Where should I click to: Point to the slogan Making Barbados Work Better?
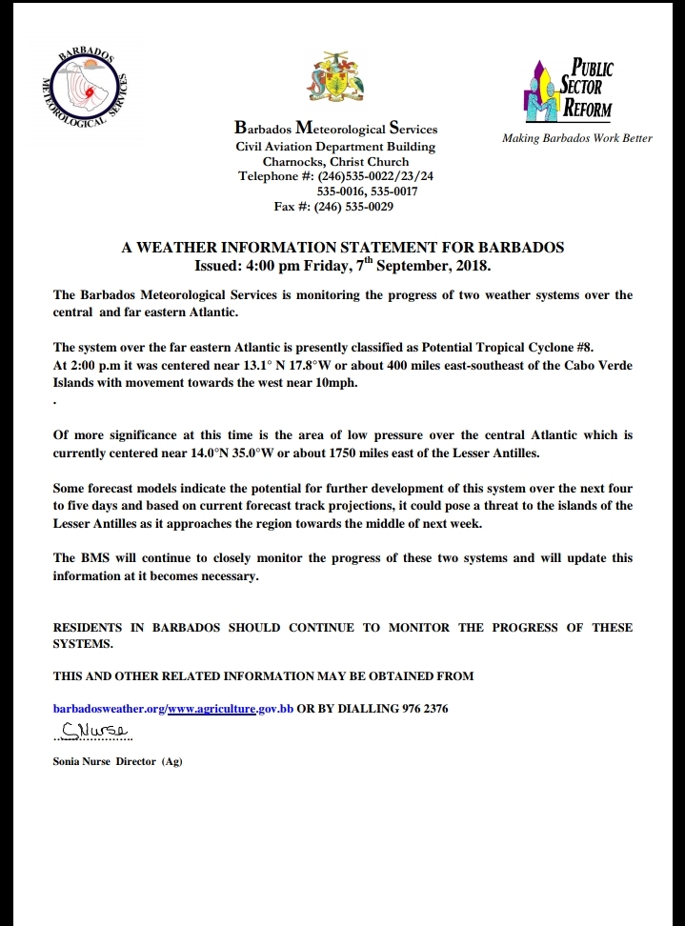point(577,138)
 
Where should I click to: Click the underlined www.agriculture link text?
point(211,709)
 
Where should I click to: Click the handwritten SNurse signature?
point(91,732)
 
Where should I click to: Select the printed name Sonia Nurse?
point(82,761)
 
